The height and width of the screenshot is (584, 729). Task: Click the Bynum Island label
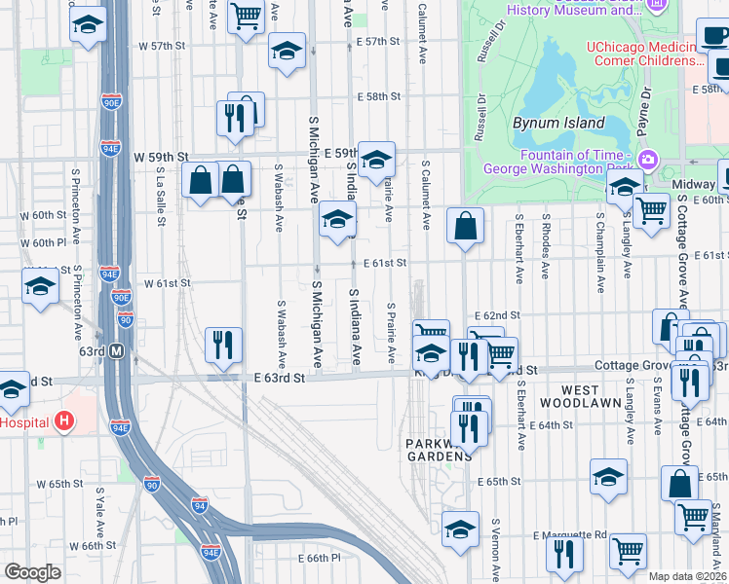coord(552,124)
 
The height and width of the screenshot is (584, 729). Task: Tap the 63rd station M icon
coord(117,350)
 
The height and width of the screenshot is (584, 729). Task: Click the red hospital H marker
coord(64,421)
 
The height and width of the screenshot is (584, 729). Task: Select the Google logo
coord(32,572)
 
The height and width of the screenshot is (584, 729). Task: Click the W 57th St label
coord(161,46)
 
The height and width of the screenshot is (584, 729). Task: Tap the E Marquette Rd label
coord(570,534)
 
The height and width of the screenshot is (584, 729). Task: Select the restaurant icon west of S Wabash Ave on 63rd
coord(222,345)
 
